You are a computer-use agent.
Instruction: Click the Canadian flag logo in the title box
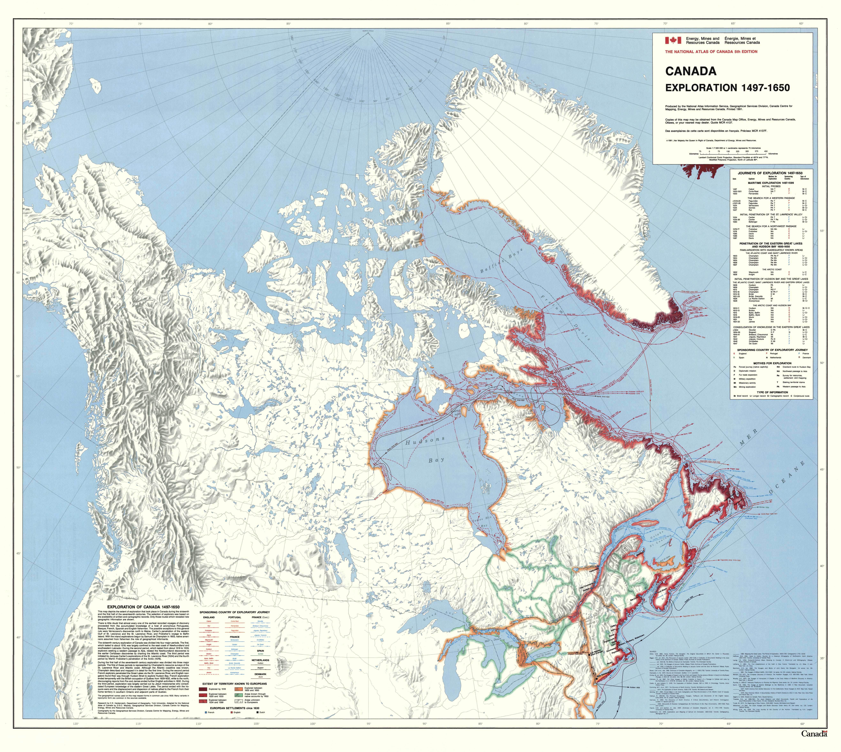673,40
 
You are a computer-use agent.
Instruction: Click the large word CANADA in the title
690,71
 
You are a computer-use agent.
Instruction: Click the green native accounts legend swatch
238,695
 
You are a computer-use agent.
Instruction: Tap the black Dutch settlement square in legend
257,712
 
